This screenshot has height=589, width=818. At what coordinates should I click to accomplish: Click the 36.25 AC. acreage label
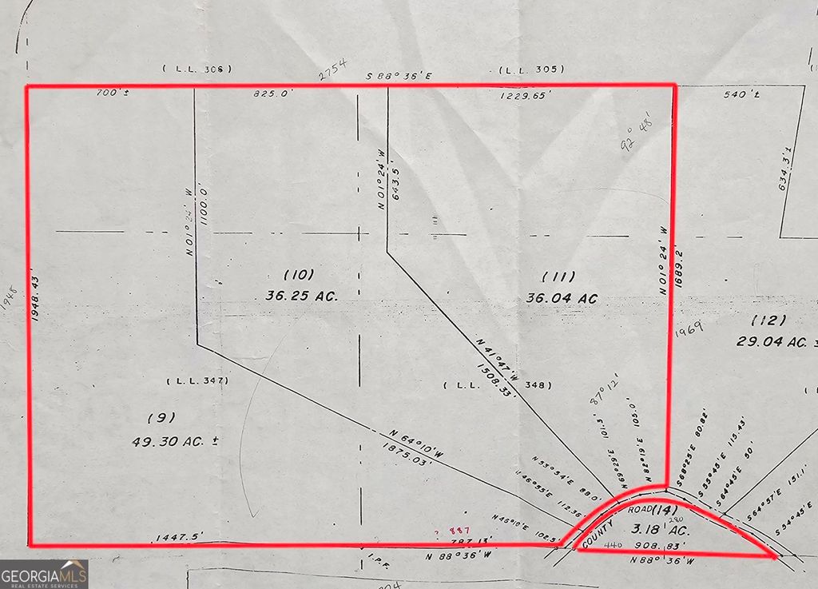pyautogui.click(x=302, y=295)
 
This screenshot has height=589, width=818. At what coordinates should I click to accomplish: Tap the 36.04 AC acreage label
pyautogui.click(x=562, y=297)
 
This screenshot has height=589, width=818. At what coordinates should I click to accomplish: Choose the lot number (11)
pyautogui.click(x=559, y=277)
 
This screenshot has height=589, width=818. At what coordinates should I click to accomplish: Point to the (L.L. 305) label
pyautogui.click(x=532, y=70)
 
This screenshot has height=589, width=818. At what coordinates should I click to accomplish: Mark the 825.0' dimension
pyautogui.click(x=273, y=94)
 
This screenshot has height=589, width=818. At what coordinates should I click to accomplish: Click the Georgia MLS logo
pyautogui.click(x=44, y=574)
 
